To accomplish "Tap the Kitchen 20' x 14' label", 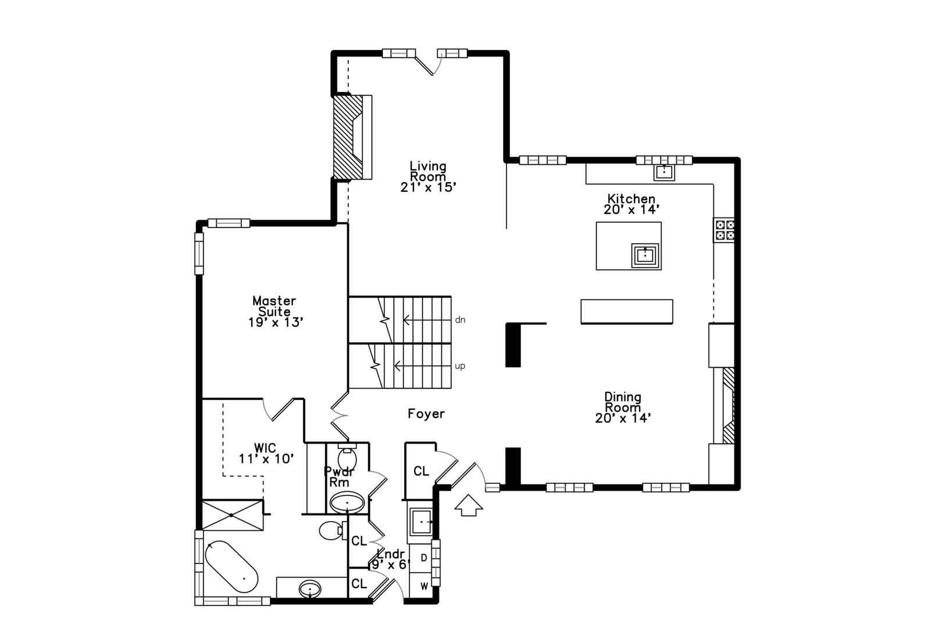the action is tap(631, 204).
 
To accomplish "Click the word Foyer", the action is tap(426, 413).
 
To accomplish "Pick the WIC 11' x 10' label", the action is tap(266, 452).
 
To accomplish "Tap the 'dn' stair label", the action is tap(460, 320).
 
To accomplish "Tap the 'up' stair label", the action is tap(460, 366).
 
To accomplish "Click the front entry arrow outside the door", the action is tap(469, 505).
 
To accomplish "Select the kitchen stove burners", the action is tap(724, 230).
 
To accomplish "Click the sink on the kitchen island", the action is tap(645, 255).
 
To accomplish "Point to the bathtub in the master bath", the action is tap(231, 566).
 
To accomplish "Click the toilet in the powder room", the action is tap(347, 457).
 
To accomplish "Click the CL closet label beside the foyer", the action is tap(421, 471).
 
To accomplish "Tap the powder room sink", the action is tap(347, 502).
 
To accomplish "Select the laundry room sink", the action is tap(421, 522).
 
